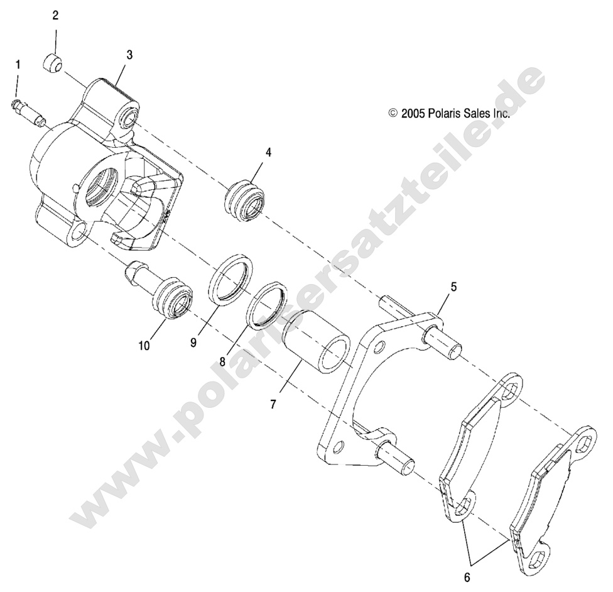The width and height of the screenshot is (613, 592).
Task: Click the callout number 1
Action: pyautogui.click(x=18, y=64)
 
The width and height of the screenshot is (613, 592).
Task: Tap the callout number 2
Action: pyautogui.click(x=55, y=15)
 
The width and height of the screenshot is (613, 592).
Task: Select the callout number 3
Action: pyautogui.click(x=129, y=55)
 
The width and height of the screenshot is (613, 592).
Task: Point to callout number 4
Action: pyautogui.click(x=268, y=153)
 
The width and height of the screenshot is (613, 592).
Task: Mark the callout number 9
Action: pyautogui.click(x=194, y=342)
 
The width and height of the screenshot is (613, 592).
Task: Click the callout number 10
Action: pyautogui.click(x=144, y=345)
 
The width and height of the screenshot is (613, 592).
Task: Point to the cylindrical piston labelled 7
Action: pyautogui.click(x=315, y=343)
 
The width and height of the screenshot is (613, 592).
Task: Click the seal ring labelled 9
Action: pyautogui.click(x=231, y=279)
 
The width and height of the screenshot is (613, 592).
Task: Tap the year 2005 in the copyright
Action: pyautogui.click(x=414, y=114)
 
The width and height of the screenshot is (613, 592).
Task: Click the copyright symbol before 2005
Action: pyautogui.click(x=393, y=114)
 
